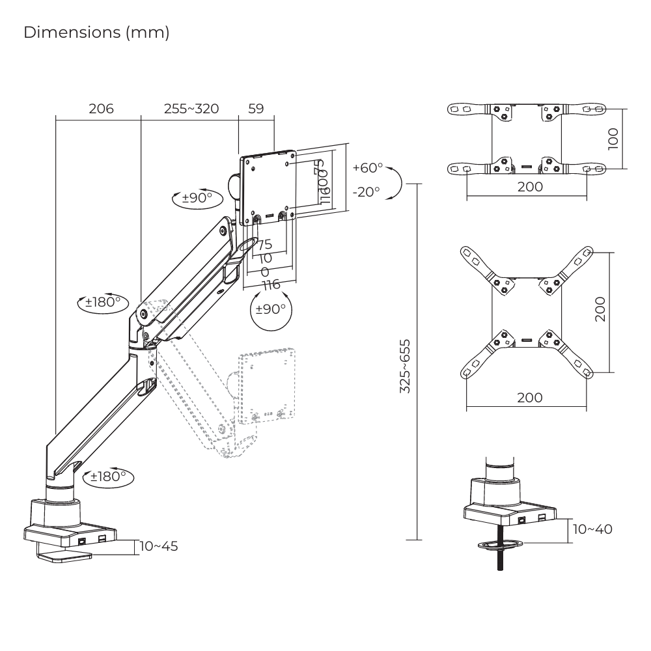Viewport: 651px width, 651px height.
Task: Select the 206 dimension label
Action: (x=101, y=109)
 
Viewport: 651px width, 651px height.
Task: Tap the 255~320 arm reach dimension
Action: (x=191, y=109)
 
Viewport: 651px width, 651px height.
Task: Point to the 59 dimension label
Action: (x=256, y=109)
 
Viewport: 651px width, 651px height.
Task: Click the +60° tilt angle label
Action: (x=368, y=168)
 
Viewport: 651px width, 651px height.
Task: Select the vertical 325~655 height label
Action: (x=405, y=365)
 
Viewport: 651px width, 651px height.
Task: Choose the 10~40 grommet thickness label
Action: (x=592, y=529)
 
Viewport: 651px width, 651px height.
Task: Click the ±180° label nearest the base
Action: (x=107, y=477)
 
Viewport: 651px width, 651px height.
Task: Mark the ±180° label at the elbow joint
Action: (x=102, y=303)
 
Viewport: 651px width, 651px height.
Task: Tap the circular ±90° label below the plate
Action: (x=270, y=309)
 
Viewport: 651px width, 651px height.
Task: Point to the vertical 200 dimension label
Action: (x=600, y=309)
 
